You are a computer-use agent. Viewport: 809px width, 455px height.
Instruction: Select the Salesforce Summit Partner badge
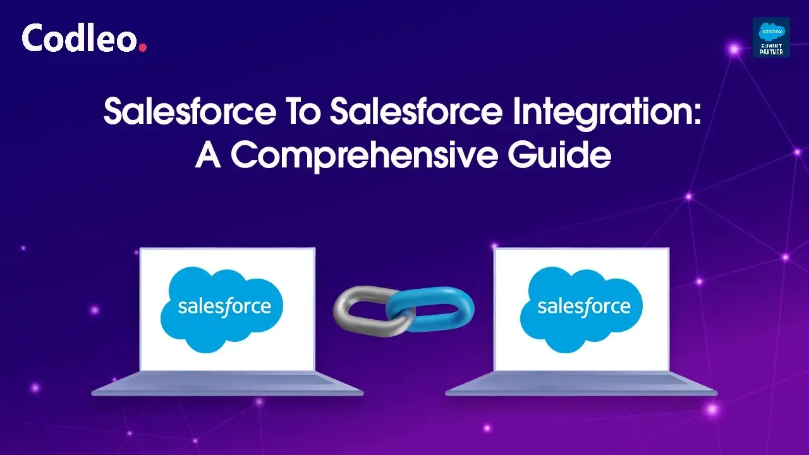771,37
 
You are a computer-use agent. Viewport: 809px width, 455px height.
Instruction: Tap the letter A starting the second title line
208,155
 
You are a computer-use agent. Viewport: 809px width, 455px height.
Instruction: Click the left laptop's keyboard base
228,384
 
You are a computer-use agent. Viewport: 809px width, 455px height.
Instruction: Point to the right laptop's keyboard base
581,384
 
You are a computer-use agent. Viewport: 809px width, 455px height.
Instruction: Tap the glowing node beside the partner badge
734,49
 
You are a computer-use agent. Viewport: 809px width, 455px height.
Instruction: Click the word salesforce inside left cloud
224,307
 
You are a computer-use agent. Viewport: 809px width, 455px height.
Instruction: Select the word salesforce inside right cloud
583,307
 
